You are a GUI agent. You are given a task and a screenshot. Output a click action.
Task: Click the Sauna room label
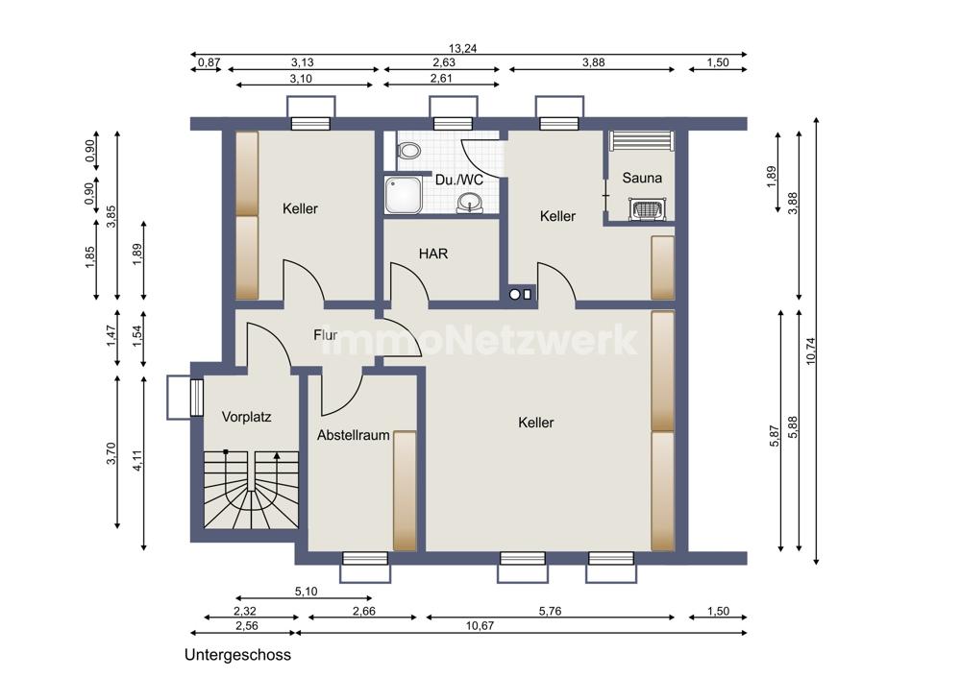(642, 178)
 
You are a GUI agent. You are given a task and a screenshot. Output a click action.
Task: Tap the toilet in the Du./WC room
(407, 150)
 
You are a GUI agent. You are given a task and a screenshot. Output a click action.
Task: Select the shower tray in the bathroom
(404, 195)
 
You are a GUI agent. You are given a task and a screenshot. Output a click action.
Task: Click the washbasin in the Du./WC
(470, 202)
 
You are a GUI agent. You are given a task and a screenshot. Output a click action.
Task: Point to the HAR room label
(433, 253)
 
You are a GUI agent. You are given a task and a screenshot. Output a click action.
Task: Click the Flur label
(326, 335)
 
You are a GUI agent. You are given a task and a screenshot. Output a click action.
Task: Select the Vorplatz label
(246, 417)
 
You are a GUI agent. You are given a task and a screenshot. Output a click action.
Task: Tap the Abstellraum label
(354, 435)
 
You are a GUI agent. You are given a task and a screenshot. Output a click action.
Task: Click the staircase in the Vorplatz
(251, 490)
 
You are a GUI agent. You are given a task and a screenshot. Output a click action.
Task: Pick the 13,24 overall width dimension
(463, 48)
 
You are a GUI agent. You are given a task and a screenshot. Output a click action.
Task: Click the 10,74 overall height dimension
(811, 351)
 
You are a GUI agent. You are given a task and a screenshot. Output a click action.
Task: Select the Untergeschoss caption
(237, 655)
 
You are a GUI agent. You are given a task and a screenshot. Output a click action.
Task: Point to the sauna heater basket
(647, 208)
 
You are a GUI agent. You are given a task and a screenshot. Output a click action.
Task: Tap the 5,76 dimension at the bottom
(550, 611)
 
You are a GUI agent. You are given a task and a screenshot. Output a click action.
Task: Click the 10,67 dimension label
(480, 625)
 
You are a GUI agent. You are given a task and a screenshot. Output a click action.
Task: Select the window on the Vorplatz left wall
(197, 398)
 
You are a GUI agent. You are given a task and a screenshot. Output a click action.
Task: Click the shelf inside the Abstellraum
(405, 491)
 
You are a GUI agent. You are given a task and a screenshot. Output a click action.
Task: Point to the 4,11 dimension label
(137, 461)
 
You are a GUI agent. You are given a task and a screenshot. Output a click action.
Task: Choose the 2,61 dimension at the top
(441, 78)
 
